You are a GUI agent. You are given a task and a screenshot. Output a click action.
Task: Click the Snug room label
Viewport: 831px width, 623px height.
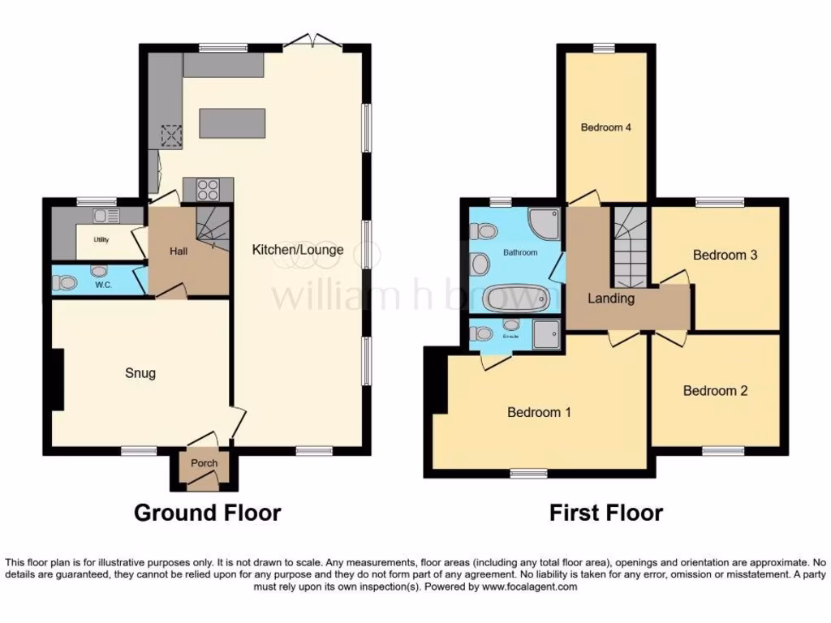tap(140, 373)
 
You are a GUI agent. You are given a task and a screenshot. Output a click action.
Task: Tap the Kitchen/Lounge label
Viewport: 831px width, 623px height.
tap(297, 249)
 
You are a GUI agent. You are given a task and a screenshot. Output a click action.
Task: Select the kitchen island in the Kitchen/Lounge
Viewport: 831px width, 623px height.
tap(232, 122)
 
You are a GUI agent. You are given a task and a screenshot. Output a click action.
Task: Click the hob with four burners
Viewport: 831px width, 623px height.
tap(209, 190)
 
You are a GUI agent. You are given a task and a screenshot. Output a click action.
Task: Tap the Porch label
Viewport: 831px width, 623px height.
tap(204, 464)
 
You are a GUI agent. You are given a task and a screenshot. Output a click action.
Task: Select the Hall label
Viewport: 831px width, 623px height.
tap(179, 251)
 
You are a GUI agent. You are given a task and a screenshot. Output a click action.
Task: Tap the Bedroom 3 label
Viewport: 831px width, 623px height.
tap(725, 255)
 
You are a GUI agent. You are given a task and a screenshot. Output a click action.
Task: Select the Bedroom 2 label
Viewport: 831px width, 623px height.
tap(715, 391)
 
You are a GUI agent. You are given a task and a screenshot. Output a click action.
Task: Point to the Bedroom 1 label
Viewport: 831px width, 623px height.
tap(539, 412)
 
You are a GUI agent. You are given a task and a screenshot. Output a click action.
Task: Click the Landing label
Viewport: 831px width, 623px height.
tap(611, 299)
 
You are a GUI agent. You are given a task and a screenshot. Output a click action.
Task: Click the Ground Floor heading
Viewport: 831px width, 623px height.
tap(207, 513)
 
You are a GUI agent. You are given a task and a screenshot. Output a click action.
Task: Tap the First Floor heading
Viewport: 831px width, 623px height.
tap(605, 513)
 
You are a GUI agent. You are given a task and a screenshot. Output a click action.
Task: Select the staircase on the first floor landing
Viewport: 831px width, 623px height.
tap(629, 247)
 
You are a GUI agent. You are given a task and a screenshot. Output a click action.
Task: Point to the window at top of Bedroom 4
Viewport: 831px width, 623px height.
tap(604, 48)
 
